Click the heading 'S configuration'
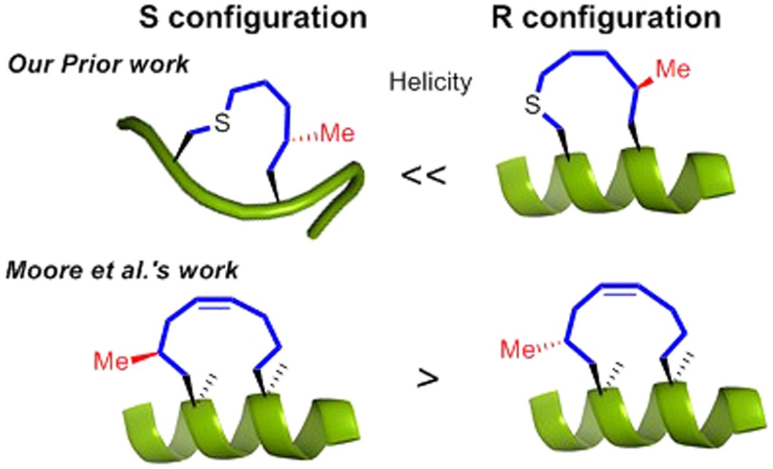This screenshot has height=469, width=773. click(253, 19)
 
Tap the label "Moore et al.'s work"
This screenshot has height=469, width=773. click(122, 271)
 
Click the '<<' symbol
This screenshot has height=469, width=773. click(423, 175)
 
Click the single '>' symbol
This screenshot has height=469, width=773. click(425, 379)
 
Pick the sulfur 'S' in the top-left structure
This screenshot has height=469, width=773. click(222, 124)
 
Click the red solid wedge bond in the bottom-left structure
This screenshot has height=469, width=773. click(142, 358)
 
